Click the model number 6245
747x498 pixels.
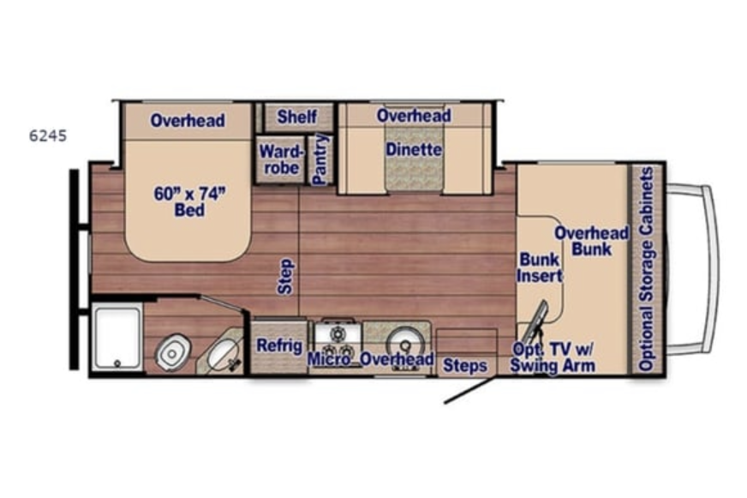pyautogui.click(x=48, y=135)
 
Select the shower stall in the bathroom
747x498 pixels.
pyautogui.click(x=117, y=338)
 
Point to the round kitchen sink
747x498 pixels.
pyautogui.click(x=405, y=344)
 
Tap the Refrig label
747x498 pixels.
pyautogui.click(x=279, y=345)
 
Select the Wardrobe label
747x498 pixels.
pyautogui.click(x=281, y=159)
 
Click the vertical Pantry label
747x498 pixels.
pyautogui.click(x=320, y=159)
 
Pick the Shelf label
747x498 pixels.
pyautogui.click(x=296, y=117)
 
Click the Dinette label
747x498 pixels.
pyautogui.click(x=414, y=150)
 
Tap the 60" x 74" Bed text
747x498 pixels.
pyautogui.click(x=189, y=201)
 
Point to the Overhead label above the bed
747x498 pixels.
pyautogui.click(x=188, y=120)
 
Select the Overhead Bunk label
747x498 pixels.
pyautogui.click(x=592, y=241)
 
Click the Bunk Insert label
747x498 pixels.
pyautogui.click(x=540, y=267)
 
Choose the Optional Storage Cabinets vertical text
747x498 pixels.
pyautogui.click(x=646, y=269)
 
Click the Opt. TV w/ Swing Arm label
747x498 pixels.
pyautogui.click(x=553, y=357)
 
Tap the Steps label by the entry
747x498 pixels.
pyautogui.click(x=465, y=365)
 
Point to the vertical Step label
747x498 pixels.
pyautogui.click(x=285, y=276)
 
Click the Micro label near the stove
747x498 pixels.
pyautogui.click(x=328, y=359)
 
